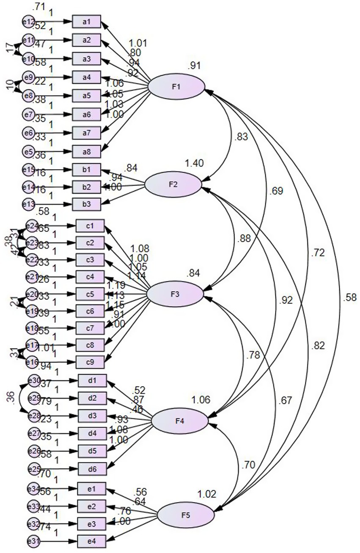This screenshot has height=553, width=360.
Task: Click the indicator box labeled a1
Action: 86,22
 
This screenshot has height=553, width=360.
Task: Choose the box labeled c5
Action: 90,294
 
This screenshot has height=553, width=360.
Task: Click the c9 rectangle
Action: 90,362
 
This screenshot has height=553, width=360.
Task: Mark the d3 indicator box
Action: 92,416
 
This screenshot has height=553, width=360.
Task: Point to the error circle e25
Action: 34,468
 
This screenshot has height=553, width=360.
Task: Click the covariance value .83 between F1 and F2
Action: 240,137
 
